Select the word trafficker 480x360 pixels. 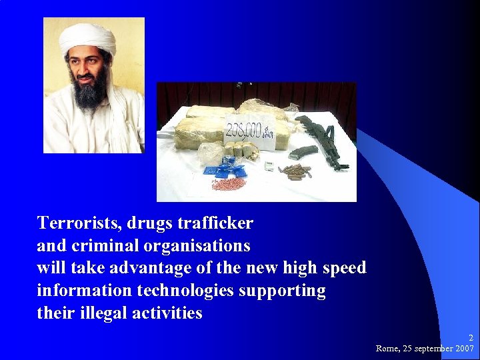point(216,222)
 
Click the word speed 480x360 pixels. point(343,268)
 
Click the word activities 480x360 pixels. point(168,313)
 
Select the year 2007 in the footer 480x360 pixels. point(463,348)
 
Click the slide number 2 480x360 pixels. point(471,338)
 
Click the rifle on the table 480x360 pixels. point(323,137)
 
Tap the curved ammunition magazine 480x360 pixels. point(303,151)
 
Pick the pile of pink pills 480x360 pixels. point(229,182)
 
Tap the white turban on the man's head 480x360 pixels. point(87,39)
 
